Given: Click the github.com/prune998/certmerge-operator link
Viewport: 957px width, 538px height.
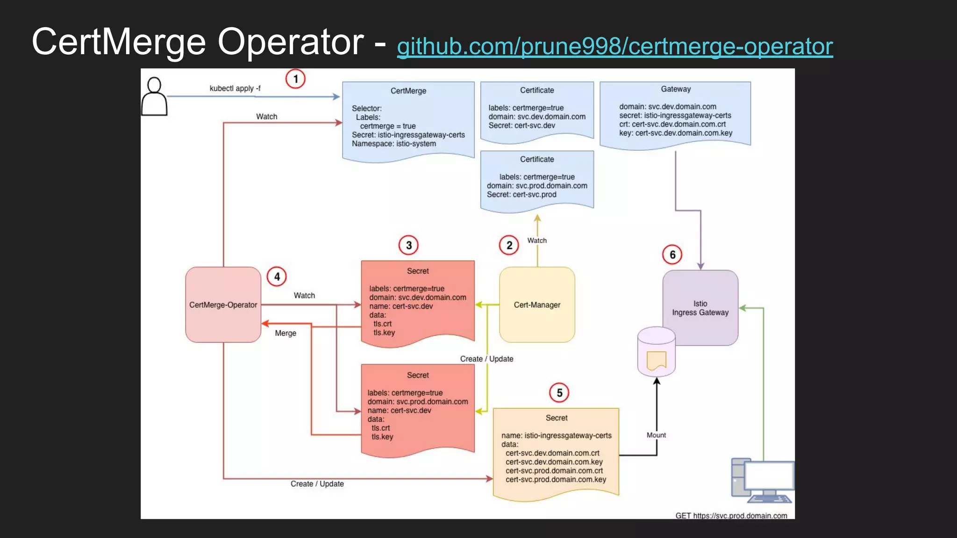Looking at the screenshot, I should pos(614,46).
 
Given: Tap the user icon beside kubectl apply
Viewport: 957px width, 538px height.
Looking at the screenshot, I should pos(154,97).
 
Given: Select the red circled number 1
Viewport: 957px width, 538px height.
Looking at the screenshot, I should pos(295,79).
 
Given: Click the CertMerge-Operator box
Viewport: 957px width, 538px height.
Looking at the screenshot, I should pos(223,304).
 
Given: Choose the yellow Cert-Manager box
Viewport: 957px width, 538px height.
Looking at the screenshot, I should pos(537,304).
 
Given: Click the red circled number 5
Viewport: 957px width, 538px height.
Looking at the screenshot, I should pos(559,393).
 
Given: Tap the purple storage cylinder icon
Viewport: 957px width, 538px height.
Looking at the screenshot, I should pos(656,352).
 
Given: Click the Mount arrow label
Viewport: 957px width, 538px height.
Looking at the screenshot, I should pos(656,435).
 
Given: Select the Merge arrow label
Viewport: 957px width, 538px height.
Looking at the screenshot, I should pos(286,333).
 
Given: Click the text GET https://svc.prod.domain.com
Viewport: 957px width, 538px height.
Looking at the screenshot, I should pos(731,516).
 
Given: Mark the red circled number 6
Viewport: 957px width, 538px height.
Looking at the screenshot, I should pos(672,255).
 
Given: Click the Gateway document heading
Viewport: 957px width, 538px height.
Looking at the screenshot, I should pos(676,89).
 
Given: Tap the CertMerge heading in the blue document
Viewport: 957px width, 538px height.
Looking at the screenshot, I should pos(408,91).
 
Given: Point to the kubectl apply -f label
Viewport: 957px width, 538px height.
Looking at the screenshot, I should pos(235,88).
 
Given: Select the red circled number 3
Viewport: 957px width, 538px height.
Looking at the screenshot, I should pos(408,245).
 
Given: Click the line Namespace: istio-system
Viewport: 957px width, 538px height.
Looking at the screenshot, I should pos(394,144).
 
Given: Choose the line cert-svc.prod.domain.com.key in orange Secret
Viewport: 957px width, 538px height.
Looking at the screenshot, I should pos(556,480).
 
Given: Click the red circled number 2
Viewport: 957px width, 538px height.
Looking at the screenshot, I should pos(509,245).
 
